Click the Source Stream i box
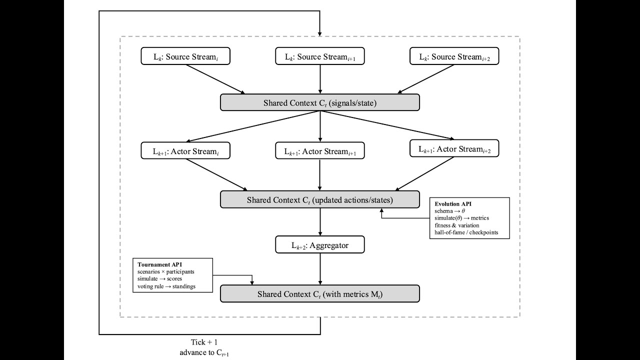(185, 56)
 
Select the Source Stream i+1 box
(320, 56)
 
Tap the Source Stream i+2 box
(454, 56)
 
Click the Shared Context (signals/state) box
(320, 102)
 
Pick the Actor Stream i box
(185, 151)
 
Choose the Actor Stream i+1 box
(320, 151)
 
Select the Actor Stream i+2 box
(454, 148)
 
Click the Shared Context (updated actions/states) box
(320, 199)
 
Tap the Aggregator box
(320, 245)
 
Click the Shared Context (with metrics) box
(320, 294)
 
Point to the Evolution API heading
(452, 204)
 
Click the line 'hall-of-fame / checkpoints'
(466, 232)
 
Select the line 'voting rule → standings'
(166, 286)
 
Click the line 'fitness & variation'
(457, 225)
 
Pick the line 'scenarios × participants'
(166, 271)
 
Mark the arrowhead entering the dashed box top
(320, 33)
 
